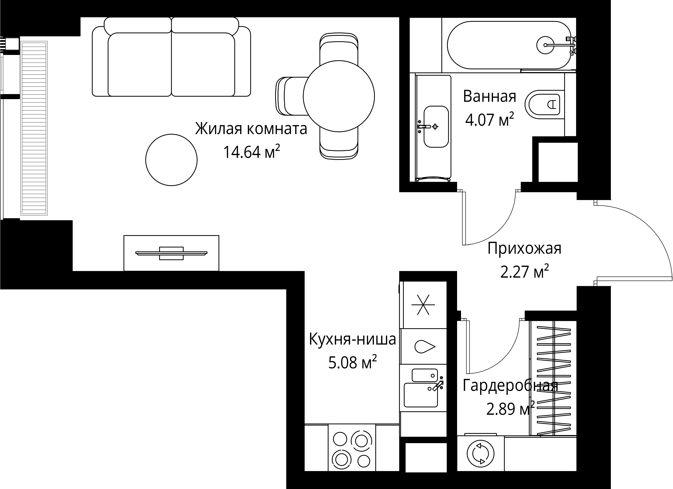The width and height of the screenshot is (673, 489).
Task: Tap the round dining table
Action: tap(339, 96)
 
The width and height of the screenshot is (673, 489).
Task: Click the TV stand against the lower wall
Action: tap(171, 253)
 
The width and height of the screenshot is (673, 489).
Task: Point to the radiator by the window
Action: tap(34, 128)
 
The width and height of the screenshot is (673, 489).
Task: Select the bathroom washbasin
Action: tap(436, 127)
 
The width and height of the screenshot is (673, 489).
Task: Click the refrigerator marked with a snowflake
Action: tap(423, 305)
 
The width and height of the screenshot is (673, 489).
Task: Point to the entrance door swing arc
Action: tap(653, 237)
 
